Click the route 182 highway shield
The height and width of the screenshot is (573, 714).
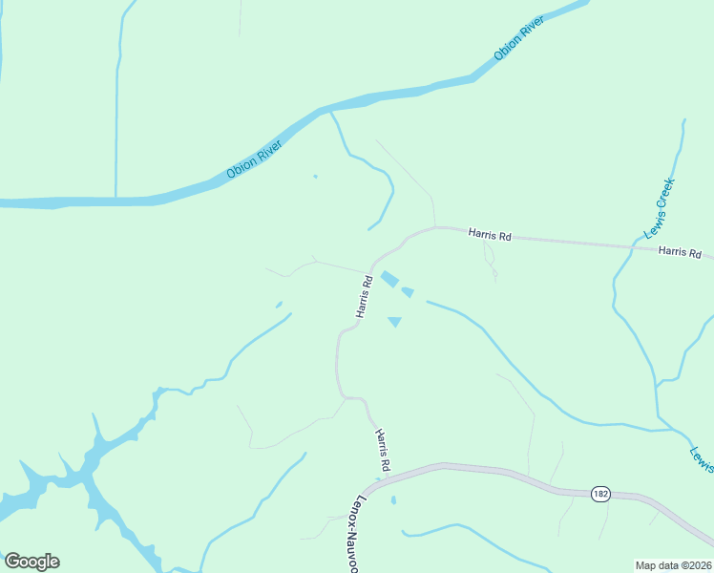599,493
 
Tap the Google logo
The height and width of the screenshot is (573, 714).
31,562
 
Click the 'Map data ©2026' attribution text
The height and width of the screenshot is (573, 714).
674,564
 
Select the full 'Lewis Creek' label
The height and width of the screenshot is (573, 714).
660,207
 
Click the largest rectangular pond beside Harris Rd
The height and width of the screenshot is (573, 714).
389,279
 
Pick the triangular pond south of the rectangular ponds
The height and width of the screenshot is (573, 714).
394,322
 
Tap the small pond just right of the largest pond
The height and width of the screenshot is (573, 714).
408,291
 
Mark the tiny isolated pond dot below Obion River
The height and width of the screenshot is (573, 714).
315,176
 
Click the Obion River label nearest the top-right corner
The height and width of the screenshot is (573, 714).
519,39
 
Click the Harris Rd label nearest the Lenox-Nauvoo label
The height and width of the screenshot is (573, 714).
383,450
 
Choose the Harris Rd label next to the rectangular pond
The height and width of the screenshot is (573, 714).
364,296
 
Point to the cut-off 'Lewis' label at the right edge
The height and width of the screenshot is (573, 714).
702,457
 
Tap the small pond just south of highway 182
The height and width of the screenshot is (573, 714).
393,499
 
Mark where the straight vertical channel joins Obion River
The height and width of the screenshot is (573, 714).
115,199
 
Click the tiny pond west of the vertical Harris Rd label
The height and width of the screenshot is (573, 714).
279,305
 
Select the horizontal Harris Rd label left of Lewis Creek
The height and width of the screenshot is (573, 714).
490,234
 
